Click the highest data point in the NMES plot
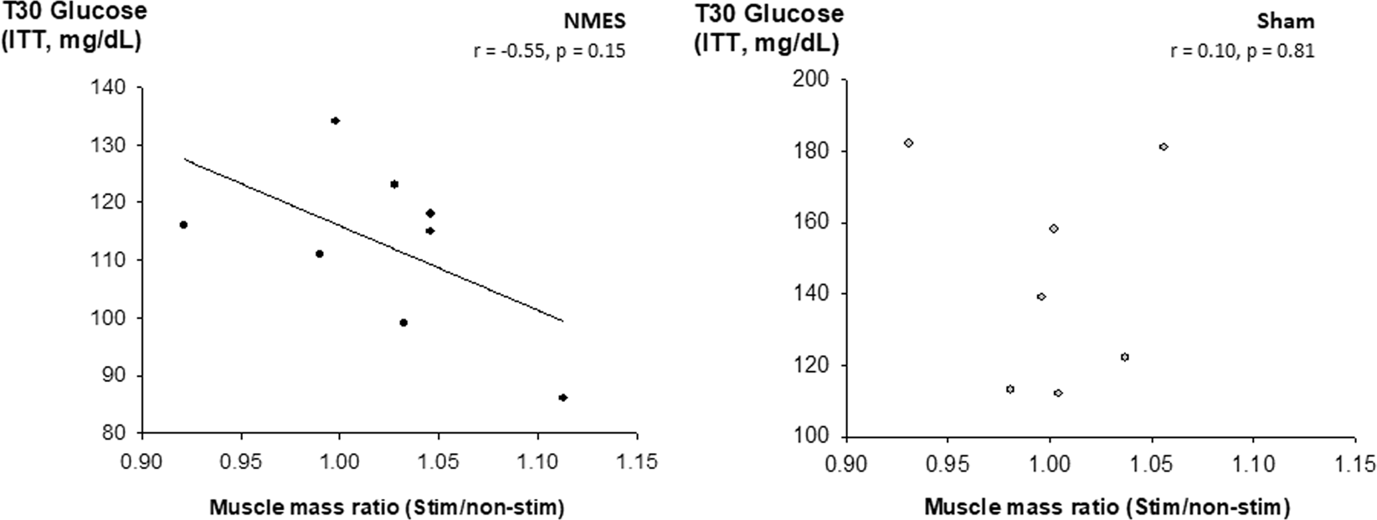coord(335,121)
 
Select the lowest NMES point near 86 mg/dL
coord(563,398)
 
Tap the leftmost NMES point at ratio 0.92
coord(183,224)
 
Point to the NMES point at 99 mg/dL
coord(403,322)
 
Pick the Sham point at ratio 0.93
coord(908,142)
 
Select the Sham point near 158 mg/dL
coord(1054,229)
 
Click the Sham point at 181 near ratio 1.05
coord(1164,147)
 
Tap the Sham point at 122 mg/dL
coord(1124,357)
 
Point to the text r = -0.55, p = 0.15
coord(549,50)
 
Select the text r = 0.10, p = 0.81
coord(1242,50)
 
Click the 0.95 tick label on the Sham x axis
coord(947,465)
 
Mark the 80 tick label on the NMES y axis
coord(117,434)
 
